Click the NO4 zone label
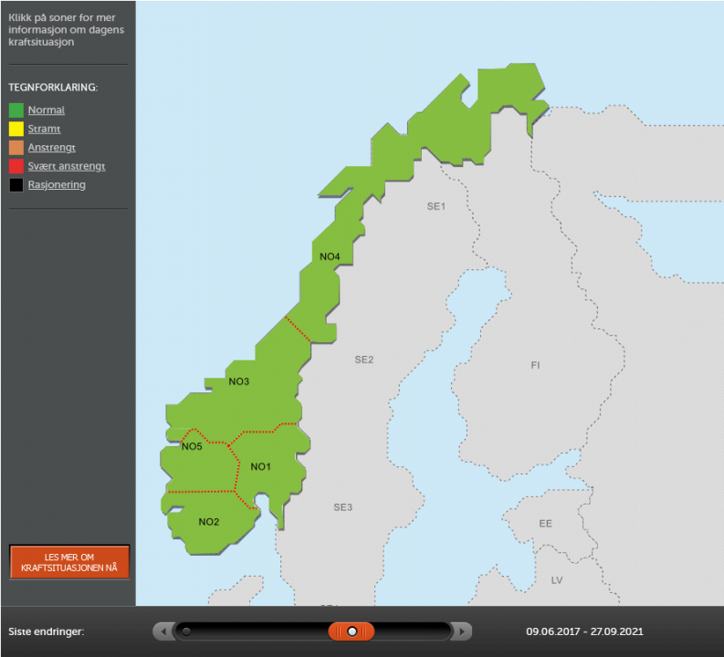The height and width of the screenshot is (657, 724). (x=330, y=256)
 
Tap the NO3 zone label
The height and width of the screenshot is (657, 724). (x=239, y=381)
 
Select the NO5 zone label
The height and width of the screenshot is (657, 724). (x=192, y=446)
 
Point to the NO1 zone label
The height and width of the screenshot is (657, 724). (x=261, y=467)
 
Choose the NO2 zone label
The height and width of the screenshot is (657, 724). (x=209, y=522)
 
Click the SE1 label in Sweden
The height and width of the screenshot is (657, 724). (x=435, y=206)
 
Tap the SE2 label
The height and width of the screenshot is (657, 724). (x=364, y=360)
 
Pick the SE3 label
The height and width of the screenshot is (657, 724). (x=342, y=507)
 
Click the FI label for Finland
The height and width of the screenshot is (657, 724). (x=535, y=365)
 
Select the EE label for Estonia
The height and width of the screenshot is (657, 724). (x=545, y=524)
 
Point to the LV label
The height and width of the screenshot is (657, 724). (x=557, y=580)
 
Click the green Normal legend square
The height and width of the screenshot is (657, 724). (x=16, y=110)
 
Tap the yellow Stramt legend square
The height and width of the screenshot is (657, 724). (x=16, y=129)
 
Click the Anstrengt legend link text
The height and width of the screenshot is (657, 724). (x=52, y=148)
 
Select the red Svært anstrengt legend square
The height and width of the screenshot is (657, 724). (x=16, y=166)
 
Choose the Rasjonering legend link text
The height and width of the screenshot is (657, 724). (x=57, y=185)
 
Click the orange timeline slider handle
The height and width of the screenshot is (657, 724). (x=352, y=631)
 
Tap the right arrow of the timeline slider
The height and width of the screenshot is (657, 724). (x=463, y=631)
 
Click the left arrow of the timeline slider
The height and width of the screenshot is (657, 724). (x=162, y=631)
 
